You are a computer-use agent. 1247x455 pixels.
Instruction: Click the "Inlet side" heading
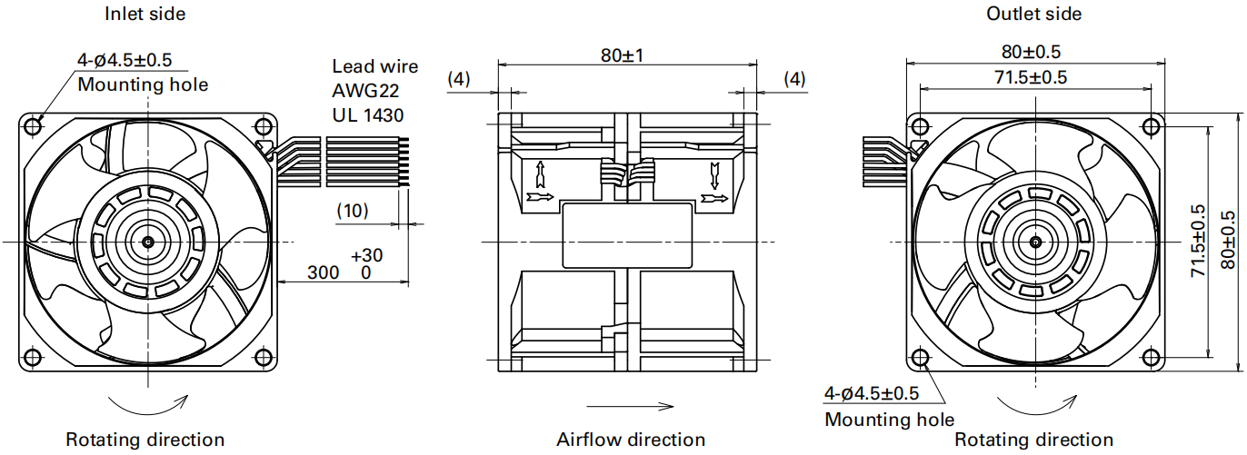point(145,14)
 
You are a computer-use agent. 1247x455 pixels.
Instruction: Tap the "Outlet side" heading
point(1033,14)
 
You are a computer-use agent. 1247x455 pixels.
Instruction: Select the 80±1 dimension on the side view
point(623,55)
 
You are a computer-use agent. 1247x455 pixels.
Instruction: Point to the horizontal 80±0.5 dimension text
point(1032,52)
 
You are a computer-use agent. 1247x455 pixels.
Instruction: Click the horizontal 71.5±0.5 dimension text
point(1031,77)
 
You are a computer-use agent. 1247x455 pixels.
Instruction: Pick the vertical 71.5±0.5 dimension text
point(1198,241)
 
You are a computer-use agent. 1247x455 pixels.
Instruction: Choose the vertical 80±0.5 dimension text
point(1228,240)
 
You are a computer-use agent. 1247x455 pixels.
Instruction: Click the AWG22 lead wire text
point(365,91)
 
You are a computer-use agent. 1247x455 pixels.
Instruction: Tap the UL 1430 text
point(368,115)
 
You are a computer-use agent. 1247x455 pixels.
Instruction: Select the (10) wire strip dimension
point(353,211)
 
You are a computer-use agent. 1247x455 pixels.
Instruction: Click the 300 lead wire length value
point(323,272)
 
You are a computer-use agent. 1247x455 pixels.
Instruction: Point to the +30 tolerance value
point(367,255)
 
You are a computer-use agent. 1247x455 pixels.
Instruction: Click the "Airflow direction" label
point(631,440)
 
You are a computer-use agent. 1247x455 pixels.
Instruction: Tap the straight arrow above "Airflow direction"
point(630,406)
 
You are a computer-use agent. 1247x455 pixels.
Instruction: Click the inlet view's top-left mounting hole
point(34,126)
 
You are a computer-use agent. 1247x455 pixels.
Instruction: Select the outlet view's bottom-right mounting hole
point(1152,357)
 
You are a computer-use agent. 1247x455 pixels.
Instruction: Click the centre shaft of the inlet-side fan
point(148,242)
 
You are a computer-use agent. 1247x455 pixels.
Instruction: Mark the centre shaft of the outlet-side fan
point(1035,242)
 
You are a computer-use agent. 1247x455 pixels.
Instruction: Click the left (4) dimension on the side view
point(459,79)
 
